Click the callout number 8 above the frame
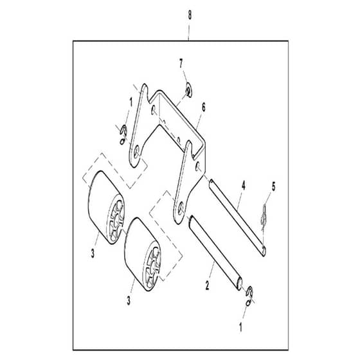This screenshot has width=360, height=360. pyautogui.click(x=190, y=15)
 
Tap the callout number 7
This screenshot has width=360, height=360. pyautogui.click(x=181, y=64)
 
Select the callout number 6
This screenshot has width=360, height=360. pyautogui.click(x=203, y=107)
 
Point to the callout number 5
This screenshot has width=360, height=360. pyautogui.click(x=273, y=186)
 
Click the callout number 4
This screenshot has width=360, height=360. pyautogui.click(x=244, y=185)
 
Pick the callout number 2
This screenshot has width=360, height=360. pyautogui.click(x=207, y=285)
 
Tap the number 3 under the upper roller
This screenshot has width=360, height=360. pyautogui.click(x=93, y=254)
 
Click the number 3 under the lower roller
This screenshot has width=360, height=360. pyautogui.click(x=129, y=300)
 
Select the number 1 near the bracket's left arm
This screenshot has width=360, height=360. pyautogui.click(x=131, y=102)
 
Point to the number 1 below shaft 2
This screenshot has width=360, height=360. pyautogui.click(x=240, y=327)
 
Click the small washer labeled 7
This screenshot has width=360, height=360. pyautogui.click(x=189, y=90)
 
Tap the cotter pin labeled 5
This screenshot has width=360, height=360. pyautogui.click(x=264, y=217)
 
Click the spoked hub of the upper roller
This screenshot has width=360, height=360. pyautogui.click(x=116, y=218)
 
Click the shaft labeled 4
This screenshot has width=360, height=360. pyautogui.click(x=237, y=217)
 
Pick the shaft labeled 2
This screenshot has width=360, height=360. pyautogui.click(x=215, y=253)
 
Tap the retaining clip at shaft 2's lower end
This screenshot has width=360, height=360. pyautogui.click(x=249, y=296)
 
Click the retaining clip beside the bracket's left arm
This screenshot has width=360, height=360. pyautogui.click(x=123, y=135)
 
